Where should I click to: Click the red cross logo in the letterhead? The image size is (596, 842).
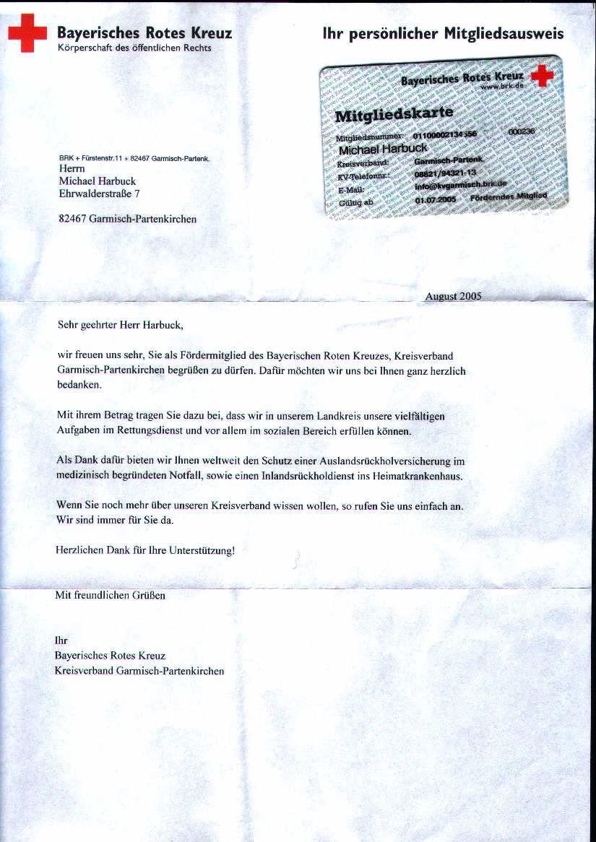point(27,33)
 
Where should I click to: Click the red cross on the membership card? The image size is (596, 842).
point(542,75)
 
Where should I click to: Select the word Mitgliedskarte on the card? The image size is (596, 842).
point(394,113)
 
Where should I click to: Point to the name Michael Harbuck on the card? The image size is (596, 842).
point(383,149)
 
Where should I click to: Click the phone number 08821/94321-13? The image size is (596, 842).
point(445,173)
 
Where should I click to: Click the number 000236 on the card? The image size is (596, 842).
point(522,132)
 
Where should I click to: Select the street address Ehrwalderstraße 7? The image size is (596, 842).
point(100,194)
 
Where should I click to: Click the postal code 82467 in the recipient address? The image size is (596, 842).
point(73,219)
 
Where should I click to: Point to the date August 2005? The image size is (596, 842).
point(453,296)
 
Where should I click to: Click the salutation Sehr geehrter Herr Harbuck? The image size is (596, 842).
point(116,325)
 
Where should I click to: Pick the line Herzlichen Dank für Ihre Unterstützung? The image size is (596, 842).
point(145,550)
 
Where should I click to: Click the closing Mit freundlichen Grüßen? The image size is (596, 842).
point(111,596)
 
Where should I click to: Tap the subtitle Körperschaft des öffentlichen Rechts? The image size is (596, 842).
point(134,48)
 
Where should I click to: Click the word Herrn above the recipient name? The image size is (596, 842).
point(72,168)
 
